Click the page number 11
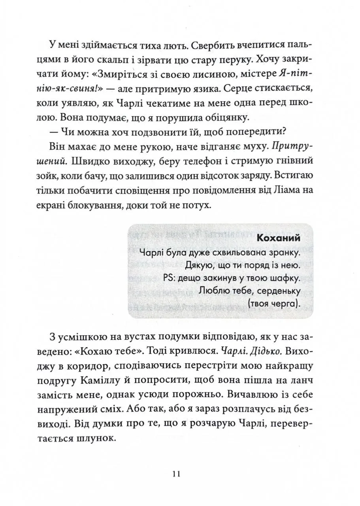(x=176, y=474)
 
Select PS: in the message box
(x=168, y=278)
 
